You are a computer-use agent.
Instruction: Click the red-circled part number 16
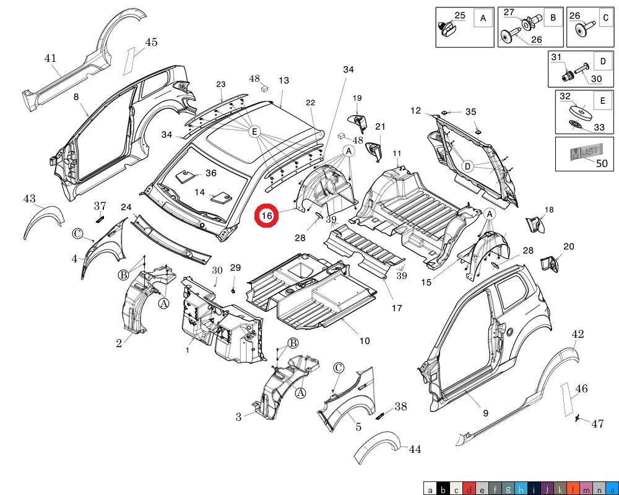pos(266,215)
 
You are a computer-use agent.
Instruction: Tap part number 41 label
pos(50,58)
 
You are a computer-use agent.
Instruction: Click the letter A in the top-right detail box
pos(483,18)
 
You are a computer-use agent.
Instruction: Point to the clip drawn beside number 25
pos(448,29)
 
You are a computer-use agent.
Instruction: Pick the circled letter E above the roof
pos(254,131)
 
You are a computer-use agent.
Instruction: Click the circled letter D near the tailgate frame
pos(467,166)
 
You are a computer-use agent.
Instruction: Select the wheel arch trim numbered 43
pos(43,221)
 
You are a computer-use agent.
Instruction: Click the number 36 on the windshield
pos(211,173)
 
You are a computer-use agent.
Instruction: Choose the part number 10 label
pos(365,341)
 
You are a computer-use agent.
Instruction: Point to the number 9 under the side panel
pos(485,413)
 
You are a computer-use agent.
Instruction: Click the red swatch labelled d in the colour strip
pos(469,489)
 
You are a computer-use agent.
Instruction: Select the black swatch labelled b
pos(443,489)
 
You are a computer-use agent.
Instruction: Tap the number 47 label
pos(598,424)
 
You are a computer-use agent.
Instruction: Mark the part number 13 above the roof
pos(284,80)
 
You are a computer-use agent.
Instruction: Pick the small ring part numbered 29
pos(233,291)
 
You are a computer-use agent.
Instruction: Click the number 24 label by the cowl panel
pos(126,207)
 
